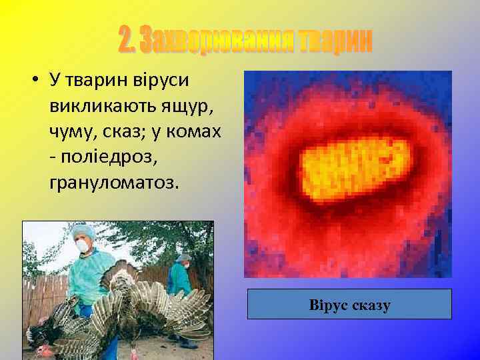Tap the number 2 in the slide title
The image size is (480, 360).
[126, 41]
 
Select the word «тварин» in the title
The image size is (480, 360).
[334, 41]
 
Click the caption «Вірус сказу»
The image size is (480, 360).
[349, 305]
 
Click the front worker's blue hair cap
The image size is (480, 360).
[84, 231]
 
